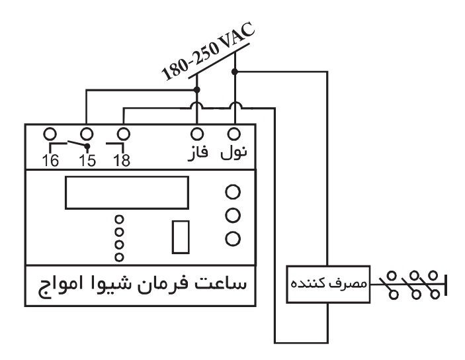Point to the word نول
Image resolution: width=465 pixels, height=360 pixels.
[234, 153]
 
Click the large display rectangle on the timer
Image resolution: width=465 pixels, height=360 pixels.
[127, 192]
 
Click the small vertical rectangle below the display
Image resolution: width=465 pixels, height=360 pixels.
[181, 237]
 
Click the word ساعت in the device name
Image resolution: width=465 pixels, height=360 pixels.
[226, 286]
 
